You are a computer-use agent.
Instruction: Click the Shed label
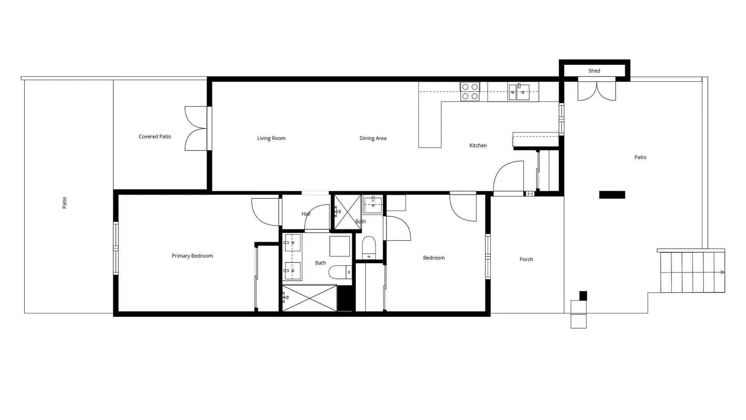[594, 71]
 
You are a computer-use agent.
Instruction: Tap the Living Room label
[271, 138]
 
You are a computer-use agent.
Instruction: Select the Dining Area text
[373, 138]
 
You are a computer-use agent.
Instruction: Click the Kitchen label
[478, 145]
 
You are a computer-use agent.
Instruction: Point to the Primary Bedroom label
[192, 256]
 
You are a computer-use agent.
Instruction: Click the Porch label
[526, 259]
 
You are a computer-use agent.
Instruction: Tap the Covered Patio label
[155, 136]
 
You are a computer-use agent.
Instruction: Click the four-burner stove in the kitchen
[470, 92]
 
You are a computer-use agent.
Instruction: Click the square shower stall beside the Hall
[347, 212]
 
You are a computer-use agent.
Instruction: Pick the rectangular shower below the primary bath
[309, 298]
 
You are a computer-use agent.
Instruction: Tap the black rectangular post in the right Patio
[612, 195]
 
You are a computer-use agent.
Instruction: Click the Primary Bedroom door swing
[266, 212]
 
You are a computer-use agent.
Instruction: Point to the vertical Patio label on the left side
[64, 203]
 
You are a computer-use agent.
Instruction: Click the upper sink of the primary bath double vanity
[292, 243]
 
